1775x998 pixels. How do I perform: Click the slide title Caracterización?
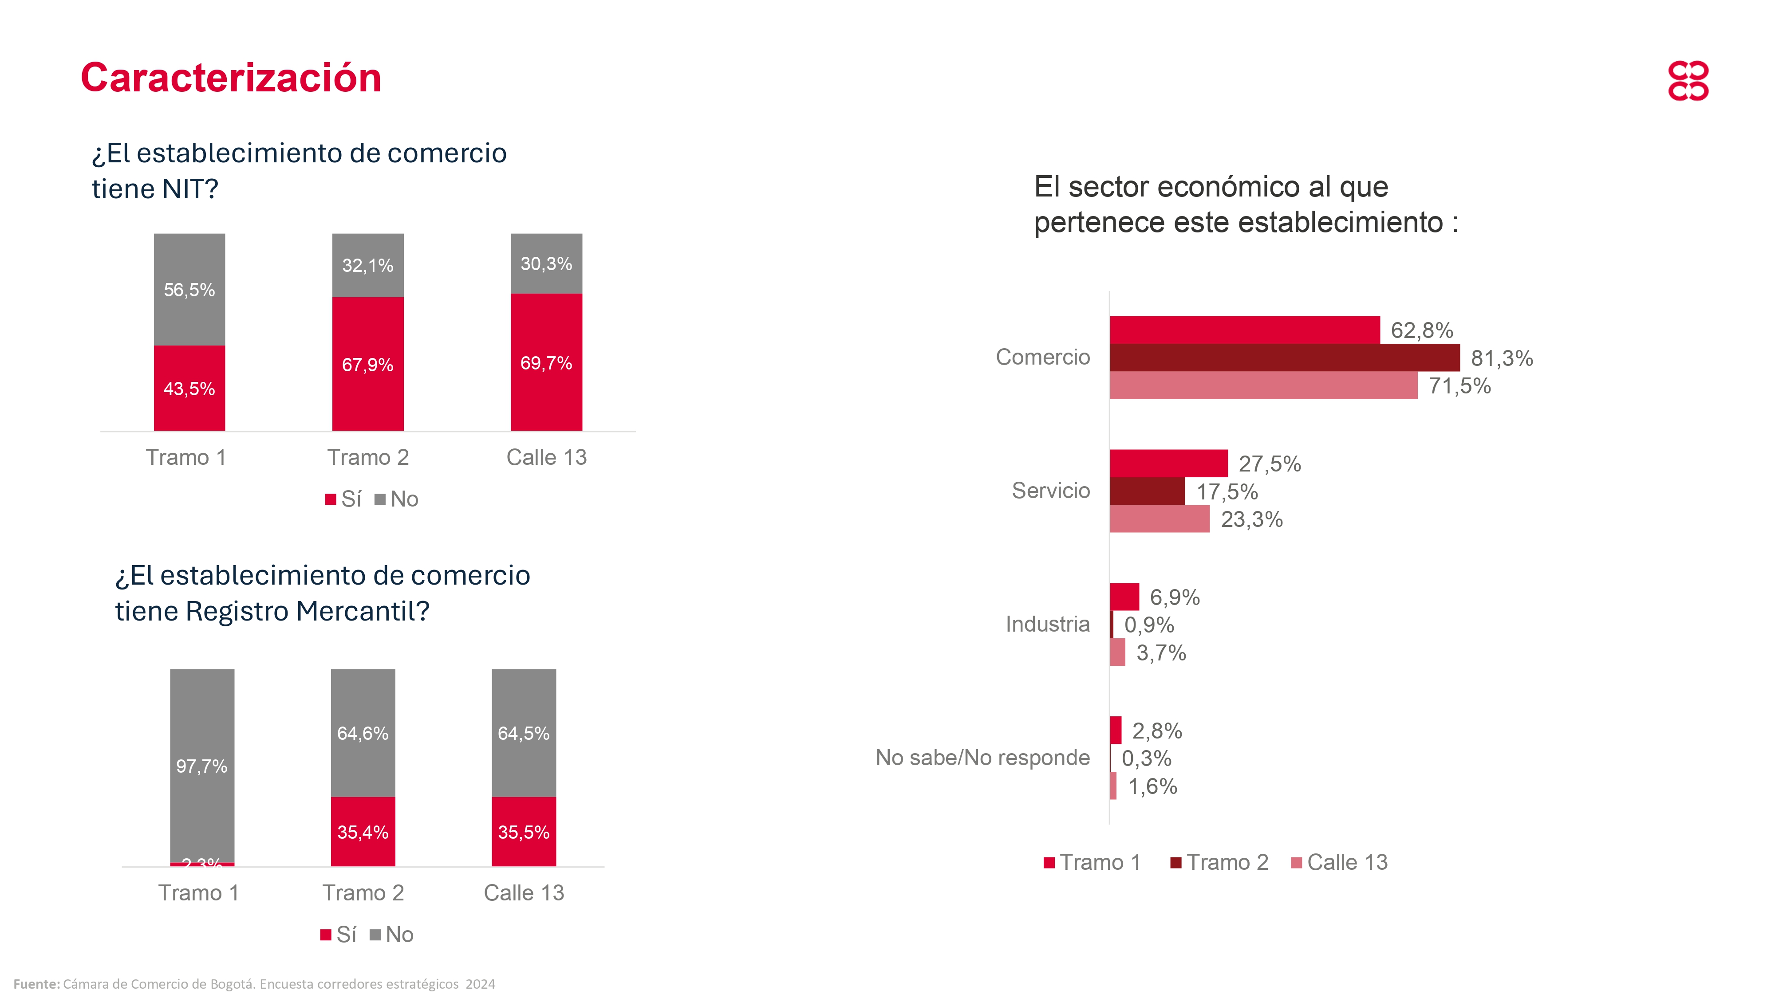coord(231,77)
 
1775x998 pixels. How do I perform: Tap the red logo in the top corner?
coord(1688,81)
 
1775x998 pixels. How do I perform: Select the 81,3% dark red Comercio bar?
coord(1284,358)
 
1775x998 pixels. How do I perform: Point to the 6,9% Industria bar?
coord(1124,597)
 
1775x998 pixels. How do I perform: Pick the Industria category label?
coord(1047,624)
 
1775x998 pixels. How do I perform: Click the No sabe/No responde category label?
coord(982,758)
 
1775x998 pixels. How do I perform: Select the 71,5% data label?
coord(1459,386)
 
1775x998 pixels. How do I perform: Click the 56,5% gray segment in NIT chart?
coord(189,289)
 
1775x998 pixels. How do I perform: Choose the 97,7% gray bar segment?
coord(202,765)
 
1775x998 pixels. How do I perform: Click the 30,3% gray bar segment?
coord(546,264)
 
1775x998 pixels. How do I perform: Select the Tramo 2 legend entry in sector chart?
coord(1219,862)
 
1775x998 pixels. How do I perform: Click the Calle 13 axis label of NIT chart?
coord(546,457)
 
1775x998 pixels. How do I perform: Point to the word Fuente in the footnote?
coord(36,983)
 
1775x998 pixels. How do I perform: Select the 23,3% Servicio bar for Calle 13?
coord(1159,519)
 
